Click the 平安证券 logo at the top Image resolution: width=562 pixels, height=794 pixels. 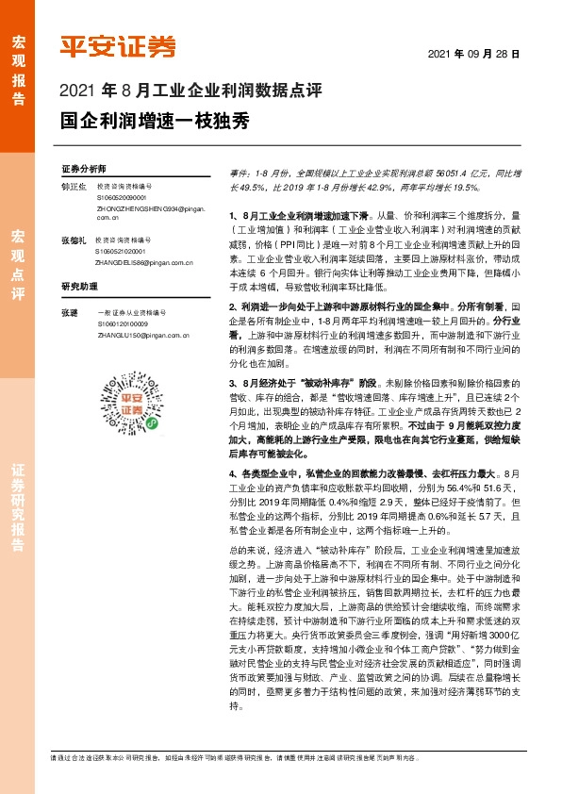pyautogui.click(x=118, y=46)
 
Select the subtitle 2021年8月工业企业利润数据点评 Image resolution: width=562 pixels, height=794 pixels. pyautogui.click(x=191, y=92)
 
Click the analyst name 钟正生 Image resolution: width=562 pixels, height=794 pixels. pyautogui.click(x=74, y=188)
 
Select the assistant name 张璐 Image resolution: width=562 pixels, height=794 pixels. pyautogui.click(x=69, y=311)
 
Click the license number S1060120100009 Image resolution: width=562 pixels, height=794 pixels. pyautogui.click(x=121, y=323)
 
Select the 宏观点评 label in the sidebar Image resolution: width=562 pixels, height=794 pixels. pyautogui.click(x=18, y=264)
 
